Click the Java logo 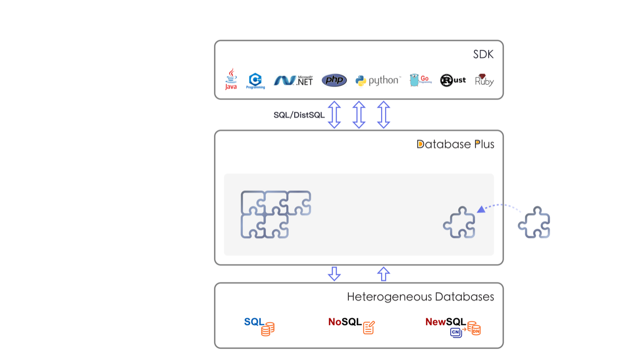[231, 79]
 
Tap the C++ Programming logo [255, 81]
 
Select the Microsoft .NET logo [293, 80]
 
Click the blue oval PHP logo [334, 80]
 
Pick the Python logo [378, 80]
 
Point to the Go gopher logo [420, 80]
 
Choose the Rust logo [453, 80]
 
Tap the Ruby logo [484, 80]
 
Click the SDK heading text [483, 55]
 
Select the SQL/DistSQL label [299, 115]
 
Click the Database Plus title [455, 144]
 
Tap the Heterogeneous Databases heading [420, 297]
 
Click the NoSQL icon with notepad [351, 325]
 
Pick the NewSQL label [446, 322]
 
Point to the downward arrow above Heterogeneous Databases [334, 274]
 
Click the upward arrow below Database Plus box [384, 274]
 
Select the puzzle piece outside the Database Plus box [534, 222]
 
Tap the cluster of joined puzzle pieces [275, 214]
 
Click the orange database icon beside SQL [268, 329]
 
